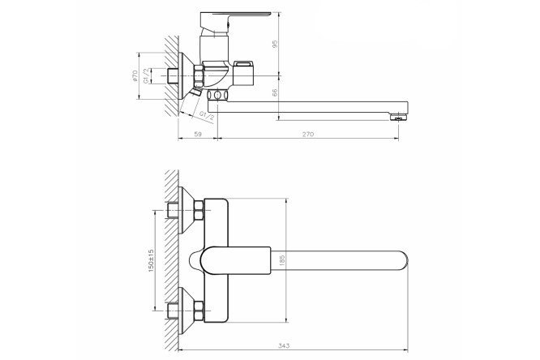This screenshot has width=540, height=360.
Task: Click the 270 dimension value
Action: (x=308, y=135)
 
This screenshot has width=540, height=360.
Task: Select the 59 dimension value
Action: (x=198, y=135)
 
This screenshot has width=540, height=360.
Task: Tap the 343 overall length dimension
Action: (x=285, y=345)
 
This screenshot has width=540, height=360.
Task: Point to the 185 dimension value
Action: (x=282, y=260)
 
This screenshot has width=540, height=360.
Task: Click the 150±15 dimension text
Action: (x=151, y=260)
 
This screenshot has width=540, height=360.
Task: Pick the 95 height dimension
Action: (x=275, y=44)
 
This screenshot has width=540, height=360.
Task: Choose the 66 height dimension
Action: (x=275, y=92)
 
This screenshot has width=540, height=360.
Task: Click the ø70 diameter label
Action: (x=135, y=75)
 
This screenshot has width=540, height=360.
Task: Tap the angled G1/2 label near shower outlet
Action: (x=207, y=116)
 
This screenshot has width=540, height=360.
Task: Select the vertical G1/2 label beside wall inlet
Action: (x=146, y=75)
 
